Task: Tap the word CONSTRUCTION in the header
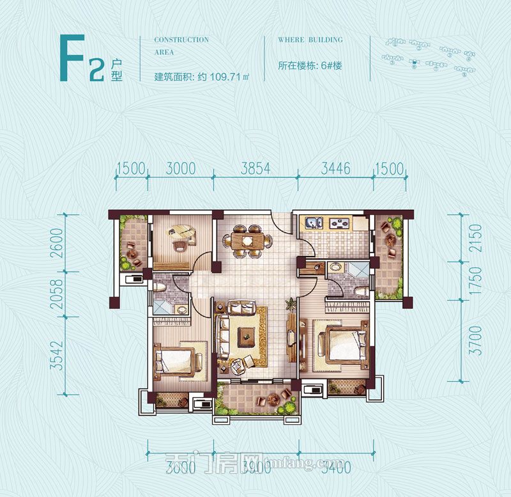181,40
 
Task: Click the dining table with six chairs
245,240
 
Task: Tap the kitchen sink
313,223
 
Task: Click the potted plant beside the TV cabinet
290,304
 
